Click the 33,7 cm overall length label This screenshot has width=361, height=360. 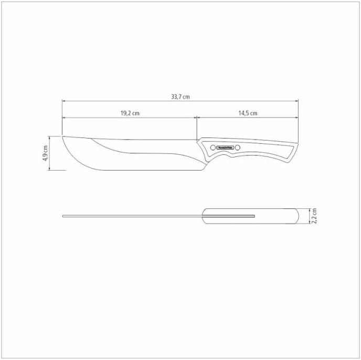180,97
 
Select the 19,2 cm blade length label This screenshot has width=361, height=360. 130,113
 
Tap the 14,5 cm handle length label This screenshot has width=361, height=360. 248,113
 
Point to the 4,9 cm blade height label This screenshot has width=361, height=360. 46,153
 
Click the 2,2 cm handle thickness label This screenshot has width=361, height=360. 313,216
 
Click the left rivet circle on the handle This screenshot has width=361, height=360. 213,147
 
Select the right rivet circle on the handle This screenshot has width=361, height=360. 237,147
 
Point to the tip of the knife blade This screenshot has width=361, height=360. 63,136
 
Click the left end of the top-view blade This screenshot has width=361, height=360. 63,216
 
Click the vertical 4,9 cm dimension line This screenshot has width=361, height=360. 51,153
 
